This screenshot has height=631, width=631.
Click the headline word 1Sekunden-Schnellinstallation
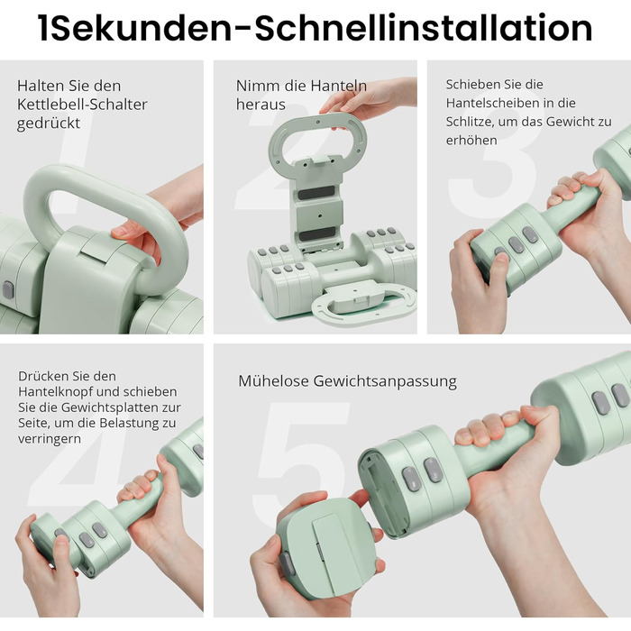315,28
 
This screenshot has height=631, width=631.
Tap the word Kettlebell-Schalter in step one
82,105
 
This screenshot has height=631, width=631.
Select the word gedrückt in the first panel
49,123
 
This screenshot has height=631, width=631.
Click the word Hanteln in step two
338,86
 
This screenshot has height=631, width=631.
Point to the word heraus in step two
261,105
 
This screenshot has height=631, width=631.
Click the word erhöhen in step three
471,140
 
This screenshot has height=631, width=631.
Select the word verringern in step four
50,439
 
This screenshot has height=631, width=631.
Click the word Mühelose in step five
273,380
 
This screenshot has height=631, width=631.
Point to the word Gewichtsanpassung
385,381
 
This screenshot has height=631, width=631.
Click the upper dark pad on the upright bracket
316,193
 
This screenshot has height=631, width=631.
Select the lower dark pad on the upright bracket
317,233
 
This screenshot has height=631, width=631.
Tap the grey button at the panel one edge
7,289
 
